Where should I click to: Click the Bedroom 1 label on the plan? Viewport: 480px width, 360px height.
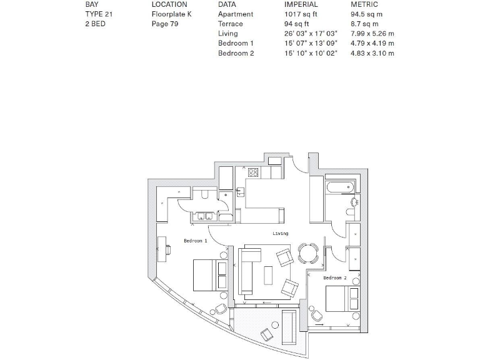[195, 241]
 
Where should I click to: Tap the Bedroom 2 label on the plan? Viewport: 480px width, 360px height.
[334, 277]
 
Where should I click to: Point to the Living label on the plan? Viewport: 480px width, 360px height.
[281, 234]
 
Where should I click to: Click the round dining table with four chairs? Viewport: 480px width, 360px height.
[307, 254]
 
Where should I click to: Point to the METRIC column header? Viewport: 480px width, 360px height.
[364, 4]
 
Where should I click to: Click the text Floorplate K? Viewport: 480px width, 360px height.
[171, 14]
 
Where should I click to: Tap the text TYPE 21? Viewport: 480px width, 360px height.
[99, 14]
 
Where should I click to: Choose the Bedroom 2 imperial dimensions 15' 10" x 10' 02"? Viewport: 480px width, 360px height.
[311, 54]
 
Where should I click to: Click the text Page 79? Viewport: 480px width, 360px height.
[165, 24]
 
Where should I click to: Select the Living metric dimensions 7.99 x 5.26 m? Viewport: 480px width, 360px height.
[372, 34]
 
